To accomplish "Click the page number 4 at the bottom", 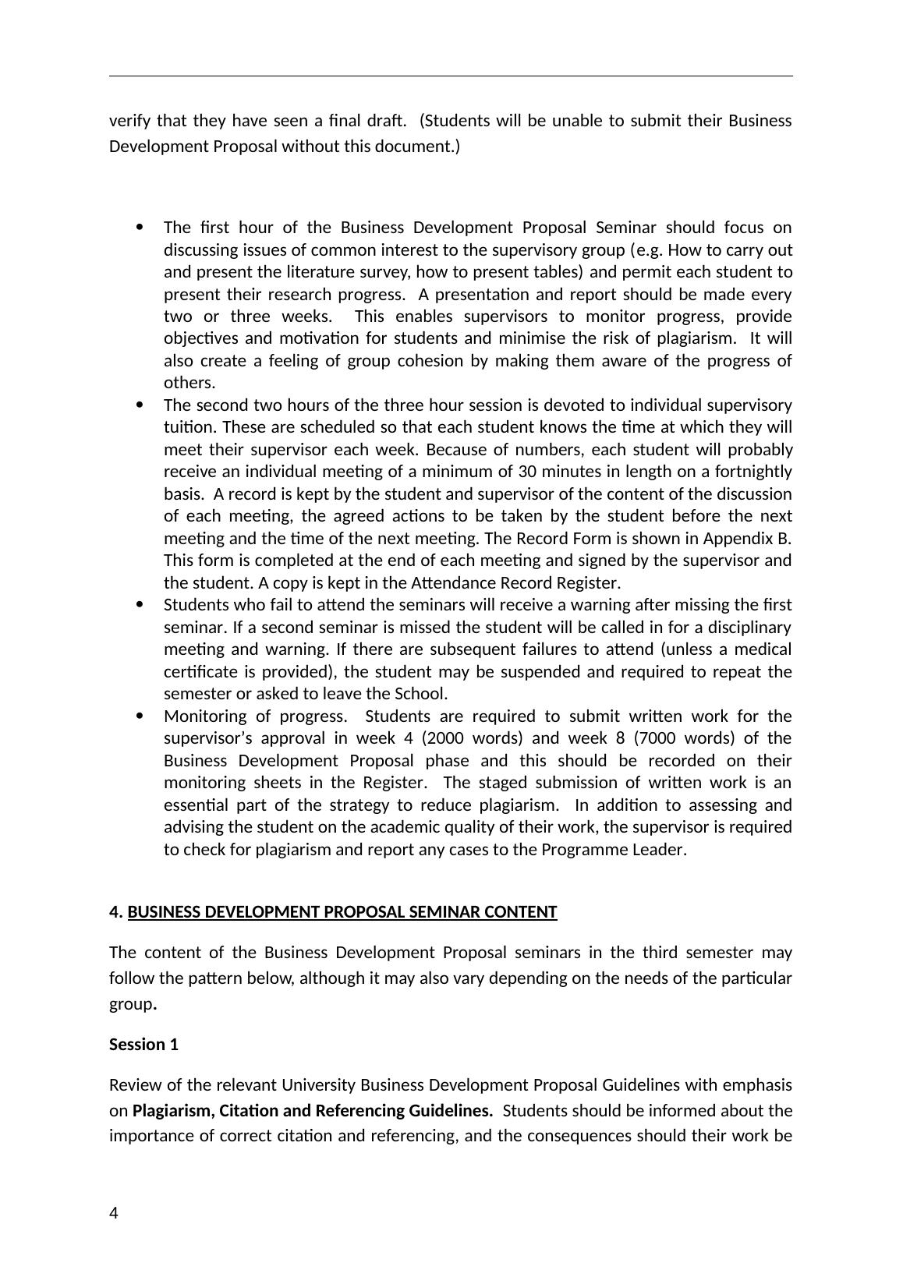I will pos(114,1213).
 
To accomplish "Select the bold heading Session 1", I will pos(143,1045).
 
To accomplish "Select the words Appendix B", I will pos(747,539).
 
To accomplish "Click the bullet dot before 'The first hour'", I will pos(140,228).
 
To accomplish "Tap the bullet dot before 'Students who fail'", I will pos(140,605).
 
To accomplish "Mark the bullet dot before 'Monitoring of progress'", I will pos(140,716).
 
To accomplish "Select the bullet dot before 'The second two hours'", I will pos(140,405).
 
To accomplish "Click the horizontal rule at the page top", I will pos(451,76).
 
